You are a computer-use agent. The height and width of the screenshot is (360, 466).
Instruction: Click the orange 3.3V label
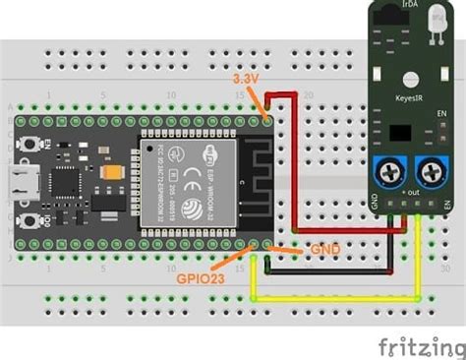245,77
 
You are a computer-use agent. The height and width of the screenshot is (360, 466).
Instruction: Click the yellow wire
334,298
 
